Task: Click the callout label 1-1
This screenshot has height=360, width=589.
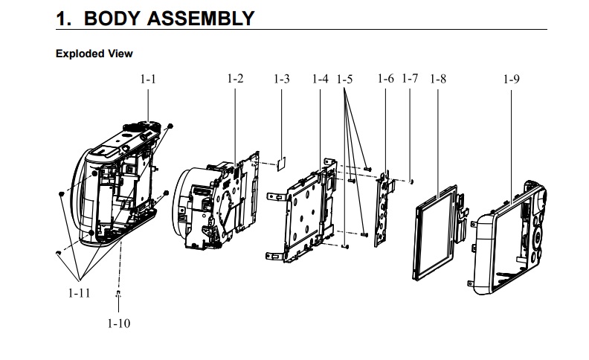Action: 148,78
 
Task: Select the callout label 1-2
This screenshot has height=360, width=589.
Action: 235,78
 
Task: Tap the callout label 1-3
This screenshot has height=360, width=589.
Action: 281,78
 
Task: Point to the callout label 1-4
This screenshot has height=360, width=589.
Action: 321,78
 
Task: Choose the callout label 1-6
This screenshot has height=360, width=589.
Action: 385,78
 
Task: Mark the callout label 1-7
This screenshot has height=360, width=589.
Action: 410,78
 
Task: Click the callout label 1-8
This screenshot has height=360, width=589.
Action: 437,78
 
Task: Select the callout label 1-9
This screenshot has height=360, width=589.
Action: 510,78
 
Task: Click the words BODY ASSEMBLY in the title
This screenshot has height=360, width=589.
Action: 170,18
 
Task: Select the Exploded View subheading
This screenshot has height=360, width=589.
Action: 94,54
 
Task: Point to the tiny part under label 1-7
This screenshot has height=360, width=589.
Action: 411,179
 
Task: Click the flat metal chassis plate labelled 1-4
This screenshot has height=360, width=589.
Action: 301,216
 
